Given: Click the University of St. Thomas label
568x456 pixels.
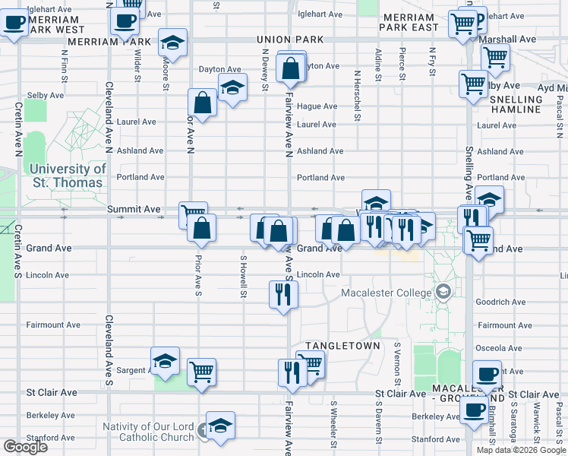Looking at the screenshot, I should point(67,176).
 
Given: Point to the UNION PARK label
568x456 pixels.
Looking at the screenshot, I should point(285,39).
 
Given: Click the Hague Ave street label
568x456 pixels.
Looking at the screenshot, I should point(317,106).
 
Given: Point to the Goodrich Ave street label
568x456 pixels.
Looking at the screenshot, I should point(500,302).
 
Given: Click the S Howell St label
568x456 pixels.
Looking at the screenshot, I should point(244,277).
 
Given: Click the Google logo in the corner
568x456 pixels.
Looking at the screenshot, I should point(25,447).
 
